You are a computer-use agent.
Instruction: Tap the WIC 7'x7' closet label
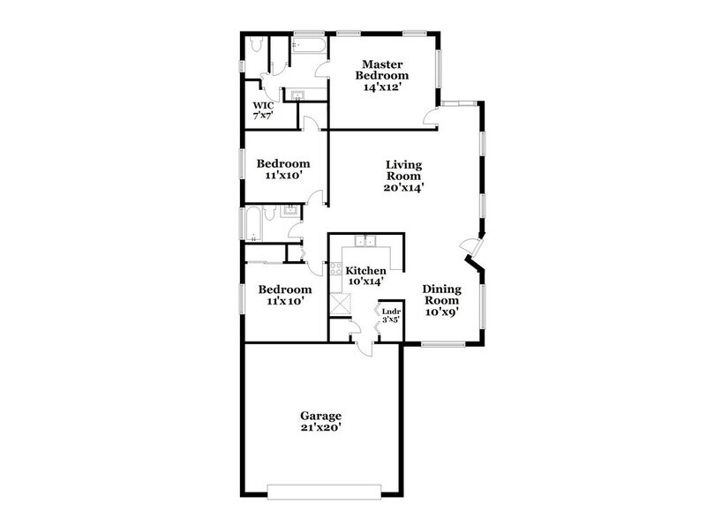[x=264, y=110]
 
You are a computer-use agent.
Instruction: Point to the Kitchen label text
[x=365, y=271]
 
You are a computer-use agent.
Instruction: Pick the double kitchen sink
[x=366, y=242]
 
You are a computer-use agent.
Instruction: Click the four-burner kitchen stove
[x=334, y=270]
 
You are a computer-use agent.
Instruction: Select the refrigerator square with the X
[x=339, y=303]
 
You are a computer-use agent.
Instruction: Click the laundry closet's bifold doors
[x=380, y=319]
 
